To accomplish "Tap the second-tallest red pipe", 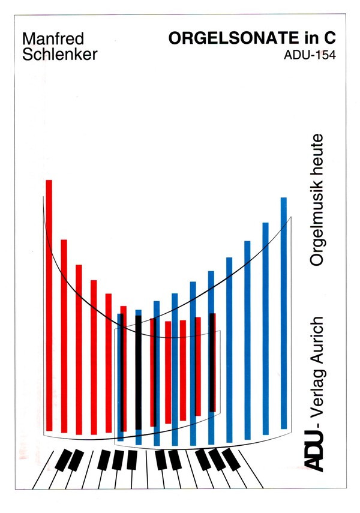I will coord(64,335).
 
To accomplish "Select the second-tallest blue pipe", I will coord(265,328).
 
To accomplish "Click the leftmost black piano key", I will coord(62,460).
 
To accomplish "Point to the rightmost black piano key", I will coord(232,460).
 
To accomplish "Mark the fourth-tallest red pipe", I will coord(94,356).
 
